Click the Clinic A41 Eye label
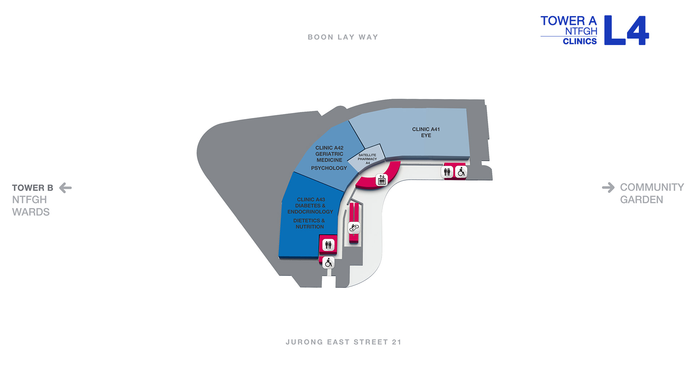(x=426, y=132)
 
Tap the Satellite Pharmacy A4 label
(x=367, y=159)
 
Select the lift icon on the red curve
(x=382, y=180)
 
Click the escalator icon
(x=354, y=228)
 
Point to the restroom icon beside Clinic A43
(x=328, y=245)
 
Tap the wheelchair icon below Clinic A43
(x=328, y=263)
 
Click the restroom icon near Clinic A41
(x=447, y=172)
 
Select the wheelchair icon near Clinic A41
(x=461, y=172)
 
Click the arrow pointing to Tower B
(x=65, y=188)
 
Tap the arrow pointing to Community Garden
(x=608, y=187)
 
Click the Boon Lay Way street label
(x=343, y=37)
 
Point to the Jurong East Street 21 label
(x=344, y=342)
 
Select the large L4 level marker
(x=627, y=30)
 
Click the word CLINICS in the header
(x=580, y=41)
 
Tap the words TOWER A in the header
(x=569, y=21)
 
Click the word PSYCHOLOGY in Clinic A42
(x=329, y=168)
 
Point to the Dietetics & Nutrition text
(x=309, y=224)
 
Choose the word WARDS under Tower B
(x=31, y=212)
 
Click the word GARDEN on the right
(x=642, y=199)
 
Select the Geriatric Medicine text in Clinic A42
(x=329, y=157)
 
